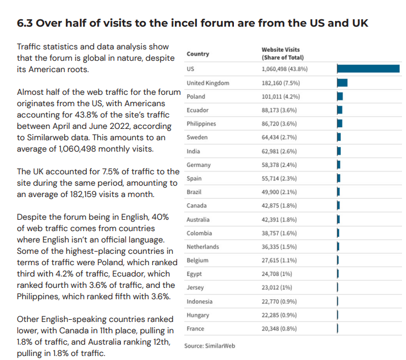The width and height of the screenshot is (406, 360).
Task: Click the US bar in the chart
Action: (368, 69)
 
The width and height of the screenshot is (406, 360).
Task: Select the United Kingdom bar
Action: (342, 83)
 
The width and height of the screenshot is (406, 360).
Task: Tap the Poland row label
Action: (196, 97)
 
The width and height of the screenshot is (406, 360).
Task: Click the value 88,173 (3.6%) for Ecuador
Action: (279, 110)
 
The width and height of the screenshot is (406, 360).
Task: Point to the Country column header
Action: (198, 54)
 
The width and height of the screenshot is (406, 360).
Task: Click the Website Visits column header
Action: (282, 53)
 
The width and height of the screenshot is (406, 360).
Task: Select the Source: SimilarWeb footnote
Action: (210, 346)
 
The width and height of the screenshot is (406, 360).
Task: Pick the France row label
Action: (195, 329)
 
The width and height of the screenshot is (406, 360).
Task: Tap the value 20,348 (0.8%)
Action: (279, 329)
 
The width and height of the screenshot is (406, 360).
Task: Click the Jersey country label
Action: (195, 287)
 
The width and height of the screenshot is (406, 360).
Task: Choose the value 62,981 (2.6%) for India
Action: (279, 151)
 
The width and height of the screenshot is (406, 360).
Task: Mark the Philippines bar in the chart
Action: (340, 124)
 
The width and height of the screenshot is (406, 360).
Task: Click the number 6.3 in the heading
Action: (24, 23)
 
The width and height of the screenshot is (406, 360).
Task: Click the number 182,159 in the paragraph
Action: (83, 194)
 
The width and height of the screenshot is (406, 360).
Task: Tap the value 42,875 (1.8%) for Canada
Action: (279, 206)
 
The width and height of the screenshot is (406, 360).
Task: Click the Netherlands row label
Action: (203, 247)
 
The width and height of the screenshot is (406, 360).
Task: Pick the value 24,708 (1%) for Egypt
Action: (277, 274)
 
